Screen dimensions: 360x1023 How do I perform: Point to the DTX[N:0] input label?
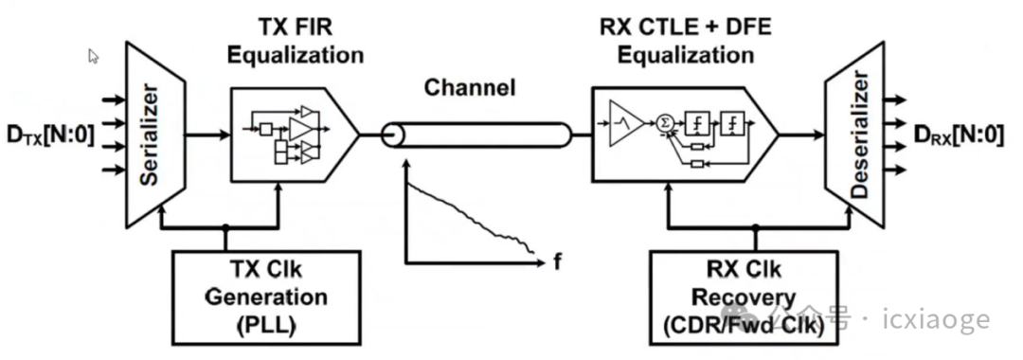coord(48,135)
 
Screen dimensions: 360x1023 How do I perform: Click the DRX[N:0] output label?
coord(959,135)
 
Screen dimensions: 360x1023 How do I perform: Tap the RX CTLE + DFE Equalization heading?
coord(686,41)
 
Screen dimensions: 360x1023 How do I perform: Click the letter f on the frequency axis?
coord(557,260)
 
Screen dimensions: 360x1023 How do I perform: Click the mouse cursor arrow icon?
coord(94,56)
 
